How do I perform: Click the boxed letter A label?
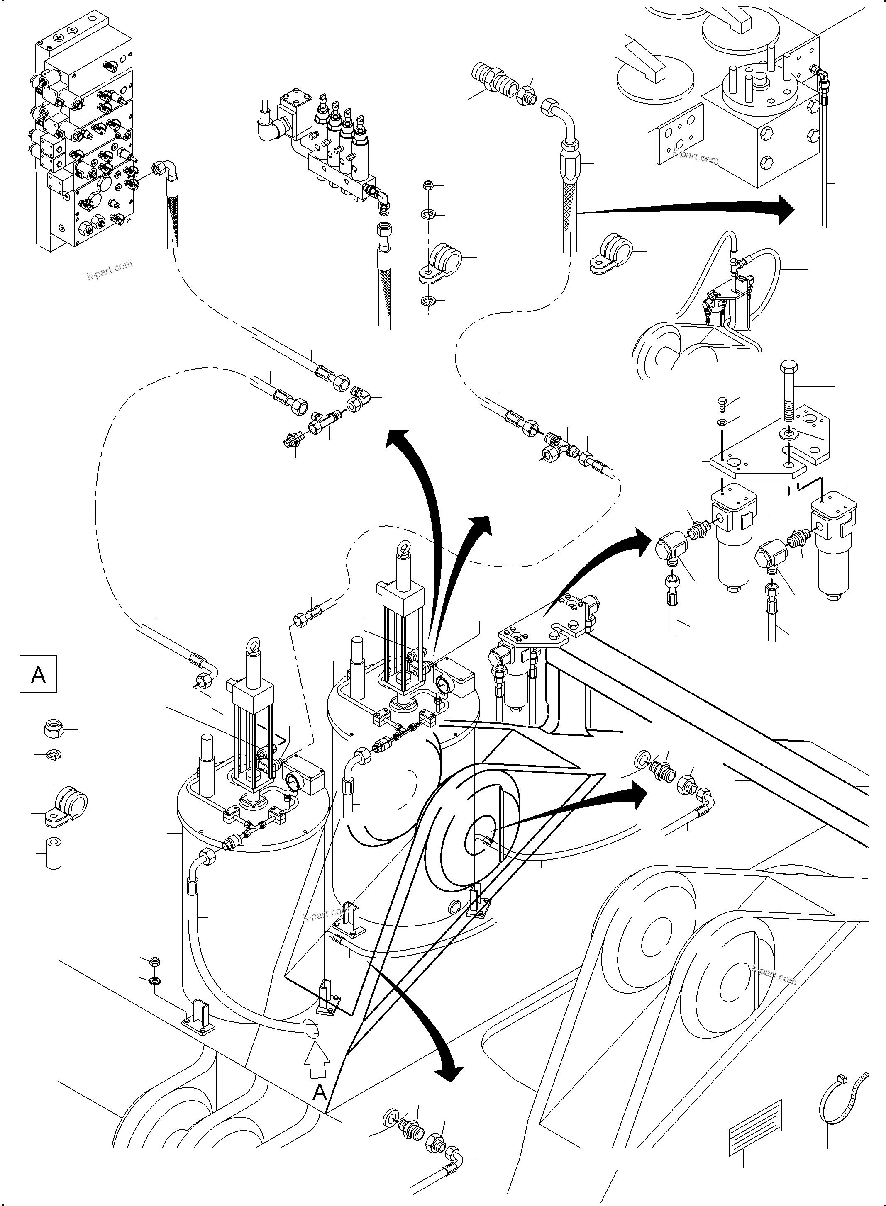click(38, 674)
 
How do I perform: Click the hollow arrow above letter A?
click(317, 1063)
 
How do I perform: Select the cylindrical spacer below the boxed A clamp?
click(54, 852)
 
